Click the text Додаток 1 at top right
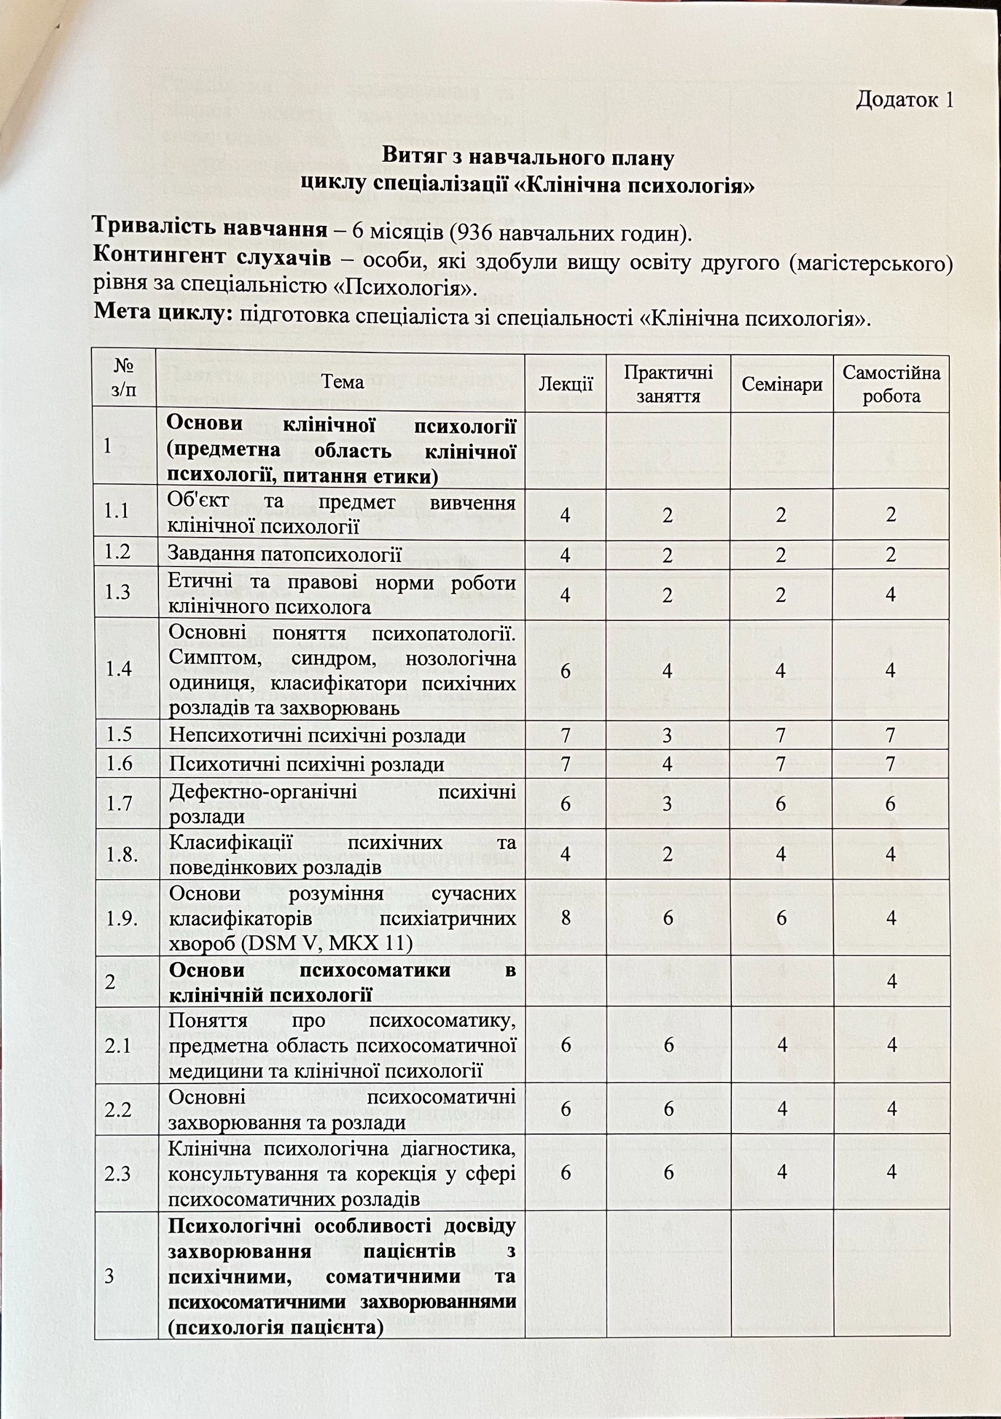[x=904, y=99]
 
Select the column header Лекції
[x=565, y=384]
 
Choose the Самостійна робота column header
[x=891, y=384]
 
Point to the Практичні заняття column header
[x=668, y=384]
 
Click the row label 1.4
[x=118, y=670]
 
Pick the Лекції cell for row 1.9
[x=566, y=918]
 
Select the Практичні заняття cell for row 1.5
[x=668, y=736]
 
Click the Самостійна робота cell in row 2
[x=891, y=981]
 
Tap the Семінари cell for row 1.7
[x=781, y=804]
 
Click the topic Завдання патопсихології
[x=285, y=555]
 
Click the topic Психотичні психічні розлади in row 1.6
[x=307, y=765]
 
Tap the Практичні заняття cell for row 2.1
[x=668, y=1045]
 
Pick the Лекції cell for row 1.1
[x=566, y=515]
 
